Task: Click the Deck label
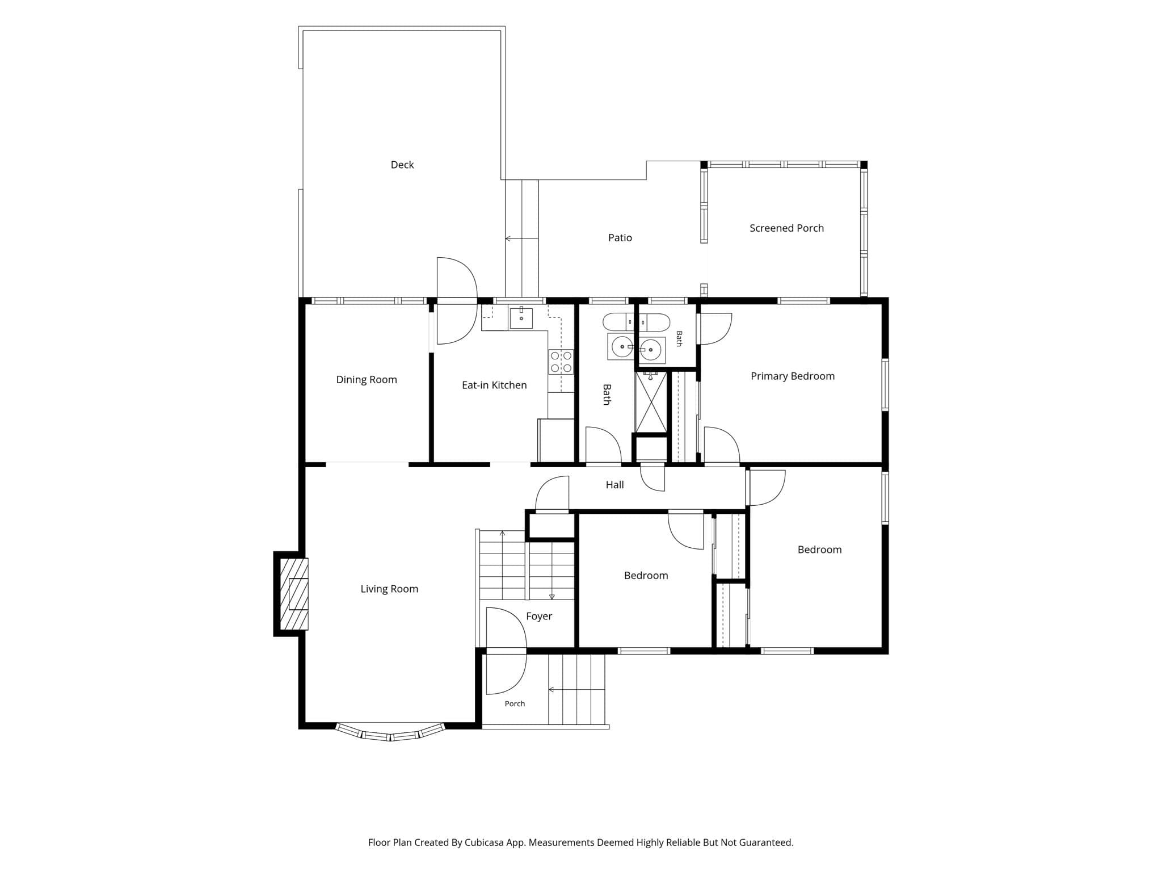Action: click(402, 165)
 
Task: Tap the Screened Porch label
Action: click(786, 228)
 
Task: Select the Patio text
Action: click(620, 238)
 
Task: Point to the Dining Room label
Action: click(367, 380)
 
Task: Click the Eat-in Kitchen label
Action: click(494, 385)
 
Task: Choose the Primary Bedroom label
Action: click(793, 376)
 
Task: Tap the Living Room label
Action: click(389, 589)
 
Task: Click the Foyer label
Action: click(539, 617)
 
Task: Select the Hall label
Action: click(614, 485)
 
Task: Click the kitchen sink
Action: click(521, 317)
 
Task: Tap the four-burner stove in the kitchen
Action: click(561, 362)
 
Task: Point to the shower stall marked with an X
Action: click(651, 403)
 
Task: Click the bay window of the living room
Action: click(390, 732)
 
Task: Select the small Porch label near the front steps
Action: click(515, 704)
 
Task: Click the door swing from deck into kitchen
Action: click(457, 301)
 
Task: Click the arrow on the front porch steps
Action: click(576, 690)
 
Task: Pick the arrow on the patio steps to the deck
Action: click(521, 239)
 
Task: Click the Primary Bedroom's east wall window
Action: click(885, 385)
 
